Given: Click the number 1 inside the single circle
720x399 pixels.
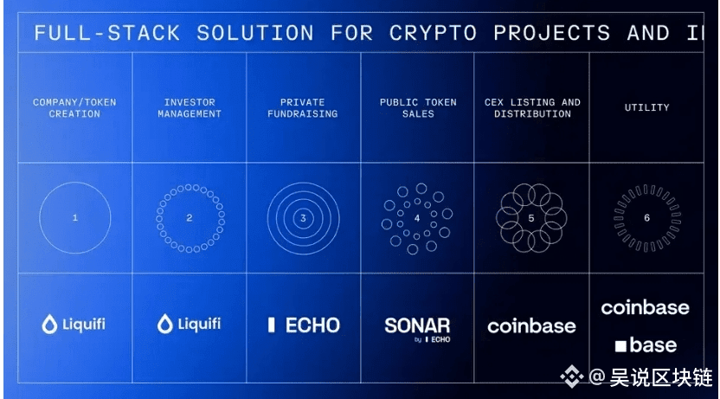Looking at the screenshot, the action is click(74, 217).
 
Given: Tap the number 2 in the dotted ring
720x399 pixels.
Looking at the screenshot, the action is click(190, 217).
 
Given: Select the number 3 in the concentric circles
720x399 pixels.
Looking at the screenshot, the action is click(303, 218).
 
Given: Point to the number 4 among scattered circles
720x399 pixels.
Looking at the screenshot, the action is click(416, 218).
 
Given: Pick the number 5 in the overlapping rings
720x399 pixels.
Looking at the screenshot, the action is click(531, 218).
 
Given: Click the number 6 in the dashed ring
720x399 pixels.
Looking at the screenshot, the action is click(646, 217).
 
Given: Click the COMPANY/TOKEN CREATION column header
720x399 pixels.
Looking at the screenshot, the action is click(74, 108).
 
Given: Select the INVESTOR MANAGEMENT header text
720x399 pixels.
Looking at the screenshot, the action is click(190, 108).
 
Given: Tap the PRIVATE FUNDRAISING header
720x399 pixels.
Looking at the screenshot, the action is click(303, 108).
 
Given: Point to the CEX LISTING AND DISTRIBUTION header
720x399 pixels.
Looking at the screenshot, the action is click(532, 108).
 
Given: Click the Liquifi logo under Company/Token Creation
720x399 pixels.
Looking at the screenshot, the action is click(74, 325).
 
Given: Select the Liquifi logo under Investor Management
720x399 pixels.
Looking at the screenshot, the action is click(189, 325).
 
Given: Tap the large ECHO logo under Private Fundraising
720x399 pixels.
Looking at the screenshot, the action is click(303, 325).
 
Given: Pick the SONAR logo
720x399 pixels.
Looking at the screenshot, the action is click(417, 327).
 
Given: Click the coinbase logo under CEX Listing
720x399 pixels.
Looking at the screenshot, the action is click(531, 326).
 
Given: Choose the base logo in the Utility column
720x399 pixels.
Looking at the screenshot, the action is click(646, 345).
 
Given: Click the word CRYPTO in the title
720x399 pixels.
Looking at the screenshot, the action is click(433, 34).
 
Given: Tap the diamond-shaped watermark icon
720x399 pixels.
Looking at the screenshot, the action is click(571, 376).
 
